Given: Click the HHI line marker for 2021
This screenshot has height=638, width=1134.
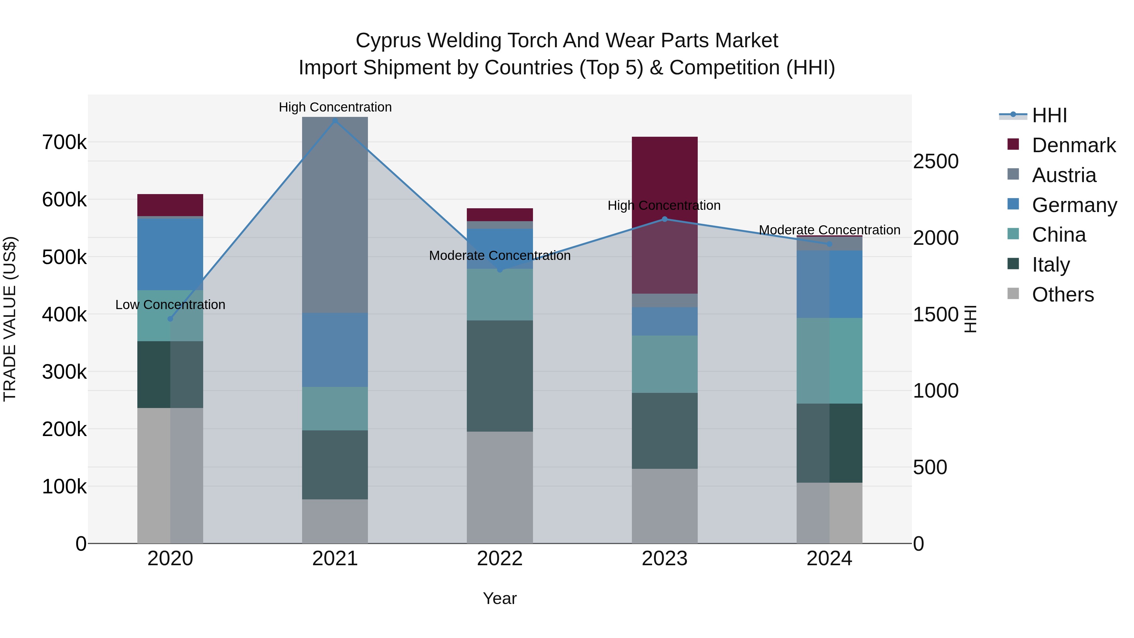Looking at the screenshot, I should (x=335, y=121).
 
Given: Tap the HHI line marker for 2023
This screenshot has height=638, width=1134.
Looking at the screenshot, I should (x=665, y=219).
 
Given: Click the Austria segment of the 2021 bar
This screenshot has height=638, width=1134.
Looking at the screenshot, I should (x=335, y=215).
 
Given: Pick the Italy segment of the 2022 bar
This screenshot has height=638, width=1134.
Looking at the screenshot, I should (x=500, y=376).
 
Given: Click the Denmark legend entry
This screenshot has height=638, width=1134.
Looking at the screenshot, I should (x=1073, y=145).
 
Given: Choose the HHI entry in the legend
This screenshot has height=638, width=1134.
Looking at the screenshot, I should (x=1049, y=115).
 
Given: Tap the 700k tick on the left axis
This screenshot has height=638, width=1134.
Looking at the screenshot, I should (x=64, y=143).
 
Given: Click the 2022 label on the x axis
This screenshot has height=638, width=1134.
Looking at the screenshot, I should (x=500, y=559).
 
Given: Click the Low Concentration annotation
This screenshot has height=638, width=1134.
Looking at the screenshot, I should (x=170, y=305).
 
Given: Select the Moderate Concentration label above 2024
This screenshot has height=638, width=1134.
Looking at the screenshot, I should (x=829, y=230).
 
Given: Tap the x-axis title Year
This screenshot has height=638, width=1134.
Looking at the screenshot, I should (x=500, y=598).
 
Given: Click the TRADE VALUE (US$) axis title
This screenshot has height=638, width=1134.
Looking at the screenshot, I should (x=10, y=319).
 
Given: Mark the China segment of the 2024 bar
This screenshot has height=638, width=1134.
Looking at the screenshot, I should (x=829, y=361).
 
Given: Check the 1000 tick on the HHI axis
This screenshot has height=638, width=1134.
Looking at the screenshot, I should (x=936, y=391).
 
